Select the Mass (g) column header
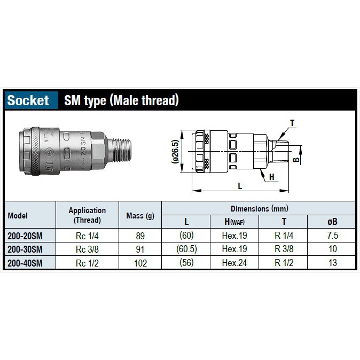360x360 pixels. click(140, 216)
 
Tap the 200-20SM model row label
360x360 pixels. click(25, 236)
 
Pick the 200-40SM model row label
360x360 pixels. click(25, 263)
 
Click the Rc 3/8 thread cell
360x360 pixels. click(87, 249)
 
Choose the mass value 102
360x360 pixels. click(140, 263)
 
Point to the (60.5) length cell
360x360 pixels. click(186, 249)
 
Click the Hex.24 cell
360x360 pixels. click(234, 263)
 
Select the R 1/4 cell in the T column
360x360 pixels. click(284, 236)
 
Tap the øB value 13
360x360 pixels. click(333, 263)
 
